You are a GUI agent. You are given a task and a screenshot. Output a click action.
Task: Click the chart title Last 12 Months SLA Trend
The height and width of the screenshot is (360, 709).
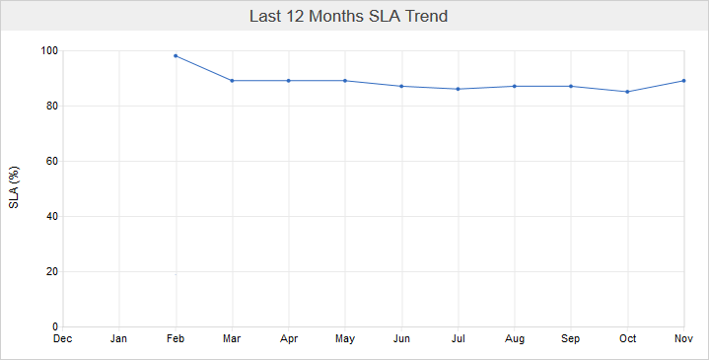(x=354, y=17)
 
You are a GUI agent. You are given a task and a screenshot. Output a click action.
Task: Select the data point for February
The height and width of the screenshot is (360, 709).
(x=176, y=55)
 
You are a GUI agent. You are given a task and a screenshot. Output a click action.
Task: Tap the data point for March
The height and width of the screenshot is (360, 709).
(x=232, y=81)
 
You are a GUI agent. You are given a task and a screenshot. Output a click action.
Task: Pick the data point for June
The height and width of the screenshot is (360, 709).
(x=401, y=86)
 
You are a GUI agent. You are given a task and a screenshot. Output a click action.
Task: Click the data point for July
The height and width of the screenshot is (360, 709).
(x=459, y=89)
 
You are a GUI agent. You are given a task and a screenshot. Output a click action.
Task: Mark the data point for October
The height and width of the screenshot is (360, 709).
(x=628, y=92)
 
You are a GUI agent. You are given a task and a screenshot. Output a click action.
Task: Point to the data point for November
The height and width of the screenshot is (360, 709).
(x=684, y=81)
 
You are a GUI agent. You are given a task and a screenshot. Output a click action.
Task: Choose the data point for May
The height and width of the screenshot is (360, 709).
(x=345, y=81)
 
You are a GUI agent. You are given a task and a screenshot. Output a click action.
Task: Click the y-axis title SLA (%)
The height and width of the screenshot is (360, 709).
(x=15, y=188)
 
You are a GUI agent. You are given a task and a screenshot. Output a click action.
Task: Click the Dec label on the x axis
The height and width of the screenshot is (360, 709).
(x=62, y=339)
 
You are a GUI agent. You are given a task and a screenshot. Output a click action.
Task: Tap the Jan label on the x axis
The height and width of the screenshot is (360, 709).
(x=119, y=339)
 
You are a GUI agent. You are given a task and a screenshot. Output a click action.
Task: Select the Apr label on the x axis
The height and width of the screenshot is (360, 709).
(x=288, y=339)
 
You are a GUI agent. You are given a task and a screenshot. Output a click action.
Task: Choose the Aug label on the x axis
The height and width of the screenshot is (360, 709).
(x=515, y=339)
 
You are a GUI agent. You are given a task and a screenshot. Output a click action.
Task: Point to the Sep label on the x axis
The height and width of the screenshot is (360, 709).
(x=571, y=339)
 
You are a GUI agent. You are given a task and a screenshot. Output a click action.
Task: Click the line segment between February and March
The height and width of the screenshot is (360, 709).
(x=204, y=68)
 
